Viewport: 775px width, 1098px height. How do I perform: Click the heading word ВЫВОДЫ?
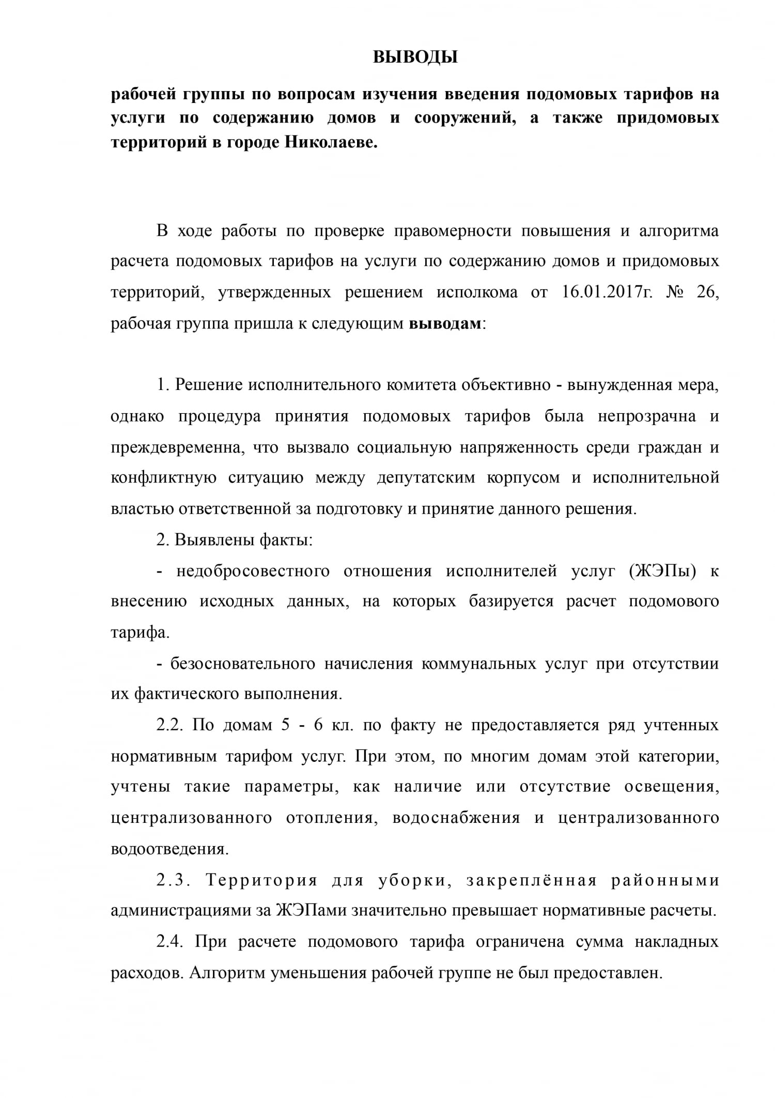415,57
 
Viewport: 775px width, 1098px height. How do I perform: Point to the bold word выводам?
445,324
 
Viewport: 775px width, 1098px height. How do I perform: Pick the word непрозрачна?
646,416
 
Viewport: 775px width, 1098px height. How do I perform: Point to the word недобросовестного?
253,571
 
